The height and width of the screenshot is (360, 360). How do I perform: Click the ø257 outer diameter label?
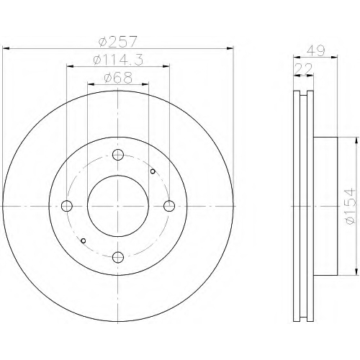pos(118,42)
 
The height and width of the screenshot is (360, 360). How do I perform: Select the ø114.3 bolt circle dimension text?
pos(118,60)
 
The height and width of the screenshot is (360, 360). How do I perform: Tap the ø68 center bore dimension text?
pos(118,78)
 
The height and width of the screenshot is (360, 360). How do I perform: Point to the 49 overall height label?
pos(316,50)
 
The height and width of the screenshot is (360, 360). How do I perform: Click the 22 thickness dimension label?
pos(303,69)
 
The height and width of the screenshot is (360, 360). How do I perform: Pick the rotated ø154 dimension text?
pos(350,207)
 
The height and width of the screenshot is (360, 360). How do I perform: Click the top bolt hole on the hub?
pos(118,155)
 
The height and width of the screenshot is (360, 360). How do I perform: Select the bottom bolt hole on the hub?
pos(118,257)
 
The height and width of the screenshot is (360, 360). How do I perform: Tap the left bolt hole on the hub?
pos(67,206)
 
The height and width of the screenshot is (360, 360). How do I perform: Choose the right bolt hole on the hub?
pos(169,206)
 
